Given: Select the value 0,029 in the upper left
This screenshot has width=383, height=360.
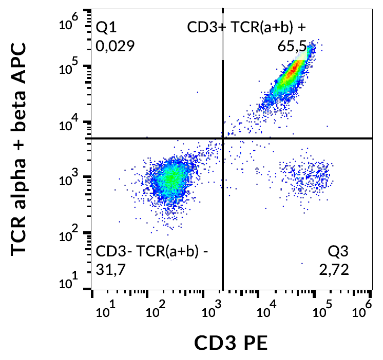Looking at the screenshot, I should (115, 46).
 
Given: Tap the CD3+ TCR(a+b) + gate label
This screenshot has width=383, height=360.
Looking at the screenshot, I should (249, 27).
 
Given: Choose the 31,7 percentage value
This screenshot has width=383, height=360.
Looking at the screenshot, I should (110, 269).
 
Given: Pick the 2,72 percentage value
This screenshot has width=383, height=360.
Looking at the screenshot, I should (334, 269).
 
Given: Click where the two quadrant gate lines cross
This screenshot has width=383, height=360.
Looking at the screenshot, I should (223, 138).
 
